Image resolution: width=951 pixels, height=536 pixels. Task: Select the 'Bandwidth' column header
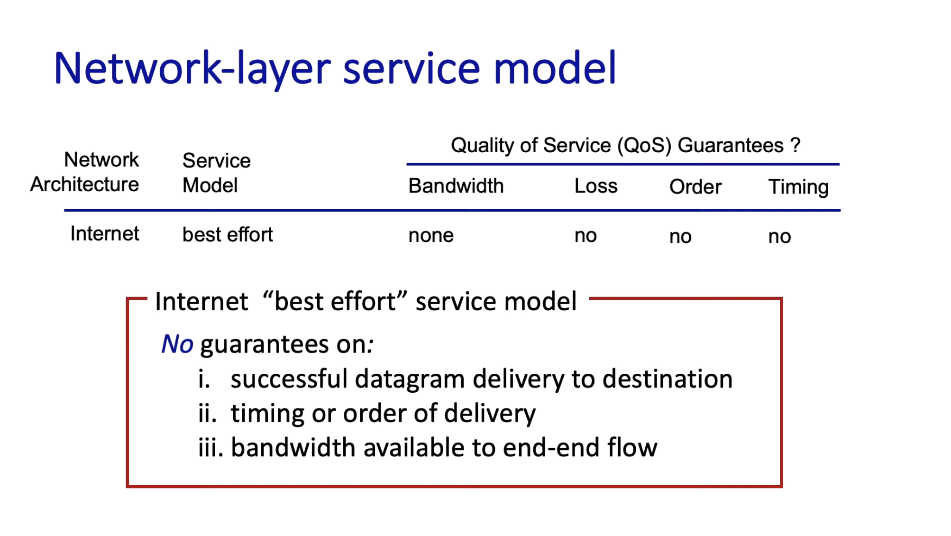pos(456,186)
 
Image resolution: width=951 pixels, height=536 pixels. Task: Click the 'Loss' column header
pos(596,186)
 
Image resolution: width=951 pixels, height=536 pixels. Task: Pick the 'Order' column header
pos(695,187)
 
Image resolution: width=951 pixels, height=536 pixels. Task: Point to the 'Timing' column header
pos(799,187)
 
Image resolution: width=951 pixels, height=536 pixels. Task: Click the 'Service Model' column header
pos(217,173)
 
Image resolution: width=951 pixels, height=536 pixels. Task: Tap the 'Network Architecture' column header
pos(85,172)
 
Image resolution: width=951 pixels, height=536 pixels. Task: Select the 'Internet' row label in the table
pos(105,233)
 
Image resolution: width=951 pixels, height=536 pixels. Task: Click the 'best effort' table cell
pos(228,234)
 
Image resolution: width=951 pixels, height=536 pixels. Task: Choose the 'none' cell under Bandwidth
pos(431,235)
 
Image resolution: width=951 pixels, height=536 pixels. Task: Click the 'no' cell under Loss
pos(586,236)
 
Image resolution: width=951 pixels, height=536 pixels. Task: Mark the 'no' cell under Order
pos(681,237)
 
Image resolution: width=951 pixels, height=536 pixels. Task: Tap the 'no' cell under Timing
pos(780,237)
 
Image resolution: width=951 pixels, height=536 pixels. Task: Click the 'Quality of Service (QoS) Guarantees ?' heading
pos(626,145)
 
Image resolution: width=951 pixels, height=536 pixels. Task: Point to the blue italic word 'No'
pos(177,344)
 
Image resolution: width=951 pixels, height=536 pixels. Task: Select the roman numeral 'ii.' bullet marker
pos(208,413)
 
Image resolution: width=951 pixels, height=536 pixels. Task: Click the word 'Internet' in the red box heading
pos(201,302)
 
